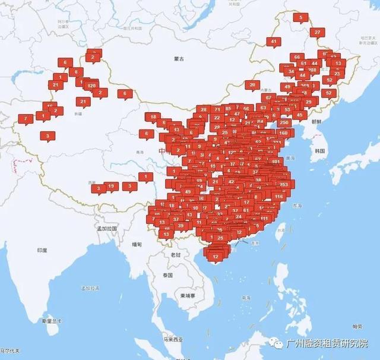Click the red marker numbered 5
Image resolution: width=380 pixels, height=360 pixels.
pos(300,18)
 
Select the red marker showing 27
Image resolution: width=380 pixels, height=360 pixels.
pos(318,32)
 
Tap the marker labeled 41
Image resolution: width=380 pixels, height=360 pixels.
pos(274,42)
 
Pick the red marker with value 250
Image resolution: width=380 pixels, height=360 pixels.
pos(284,122)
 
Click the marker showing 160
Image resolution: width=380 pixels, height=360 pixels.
pos(283,133)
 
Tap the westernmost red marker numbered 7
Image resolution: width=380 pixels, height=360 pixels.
pos(25,118)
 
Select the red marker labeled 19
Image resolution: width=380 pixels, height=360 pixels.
pos(111,187)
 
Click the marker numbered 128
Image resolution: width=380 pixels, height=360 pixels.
pos(91,86)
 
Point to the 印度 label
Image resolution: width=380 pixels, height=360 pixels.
pos(42,251)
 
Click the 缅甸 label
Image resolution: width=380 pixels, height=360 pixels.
pos(137,244)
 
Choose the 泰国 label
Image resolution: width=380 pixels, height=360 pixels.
pos(167,276)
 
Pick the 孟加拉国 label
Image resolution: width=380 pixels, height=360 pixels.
pos(107,228)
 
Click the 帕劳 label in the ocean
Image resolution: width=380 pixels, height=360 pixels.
pos(357,326)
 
